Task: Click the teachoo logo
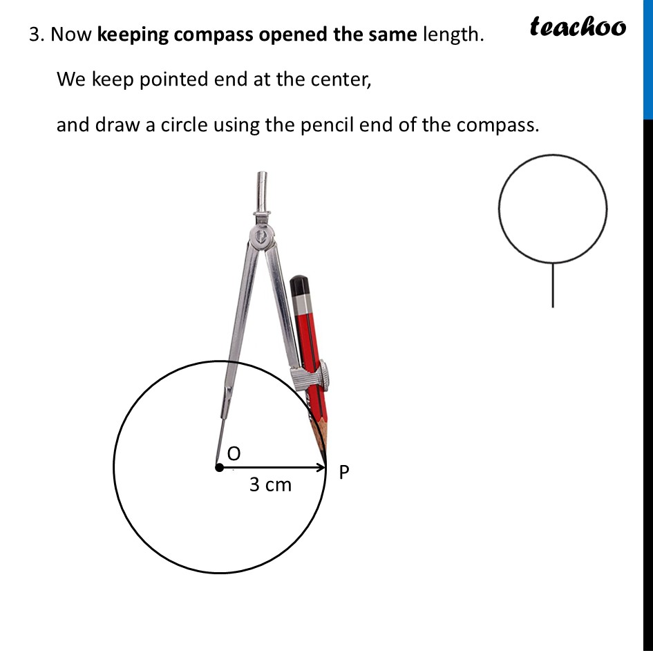point(578,27)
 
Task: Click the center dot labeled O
point(219,468)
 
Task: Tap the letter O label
point(234,453)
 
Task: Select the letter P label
point(344,472)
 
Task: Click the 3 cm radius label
point(270,485)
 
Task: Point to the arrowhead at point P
point(321,468)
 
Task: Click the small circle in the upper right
point(553,208)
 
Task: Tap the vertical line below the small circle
point(553,285)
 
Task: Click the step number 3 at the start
point(35,35)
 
